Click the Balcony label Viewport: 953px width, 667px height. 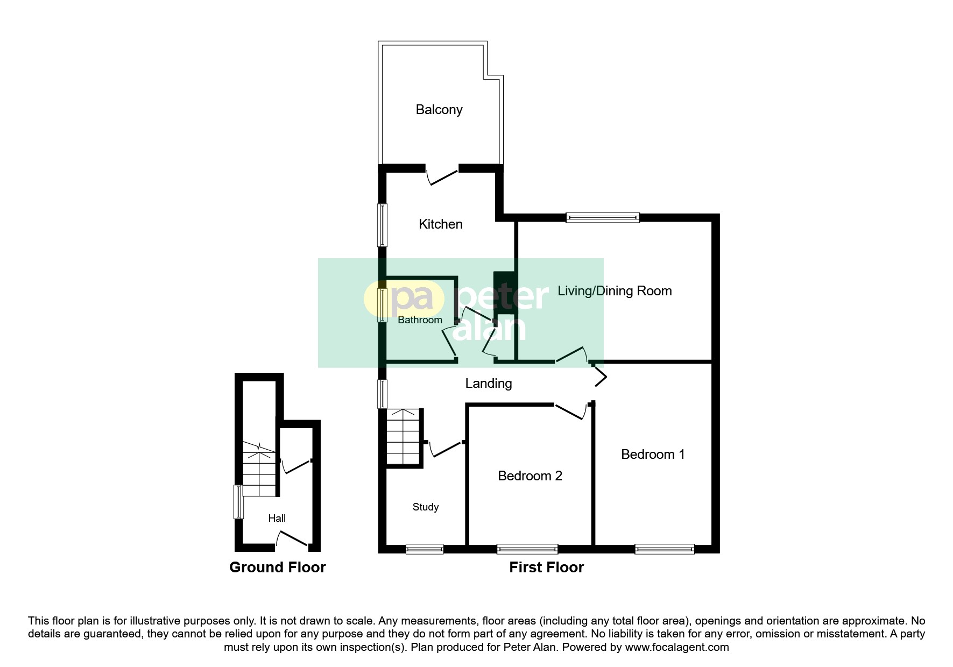coord(439,110)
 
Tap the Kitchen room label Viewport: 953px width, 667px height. coord(440,224)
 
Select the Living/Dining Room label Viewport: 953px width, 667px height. coord(615,291)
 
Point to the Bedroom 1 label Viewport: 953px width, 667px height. coord(653,455)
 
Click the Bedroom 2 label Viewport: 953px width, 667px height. coord(530,476)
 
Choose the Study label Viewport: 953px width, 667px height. coord(425,507)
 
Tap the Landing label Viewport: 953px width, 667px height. coord(488,384)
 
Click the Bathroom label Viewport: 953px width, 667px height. coord(420,320)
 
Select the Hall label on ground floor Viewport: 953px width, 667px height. coord(277,519)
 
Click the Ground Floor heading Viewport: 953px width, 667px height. coord(277,567)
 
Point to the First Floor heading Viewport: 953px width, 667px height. coord(546,567)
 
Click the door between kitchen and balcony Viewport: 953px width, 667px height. coord(443,176)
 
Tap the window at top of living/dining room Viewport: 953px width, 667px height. coord(603,217)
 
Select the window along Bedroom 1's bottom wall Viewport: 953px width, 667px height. coord(665,549)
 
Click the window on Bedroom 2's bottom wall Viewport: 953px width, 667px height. coord(527,549)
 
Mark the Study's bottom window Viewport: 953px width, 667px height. coord(424,549)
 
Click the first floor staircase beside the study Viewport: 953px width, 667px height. coord(403,437)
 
